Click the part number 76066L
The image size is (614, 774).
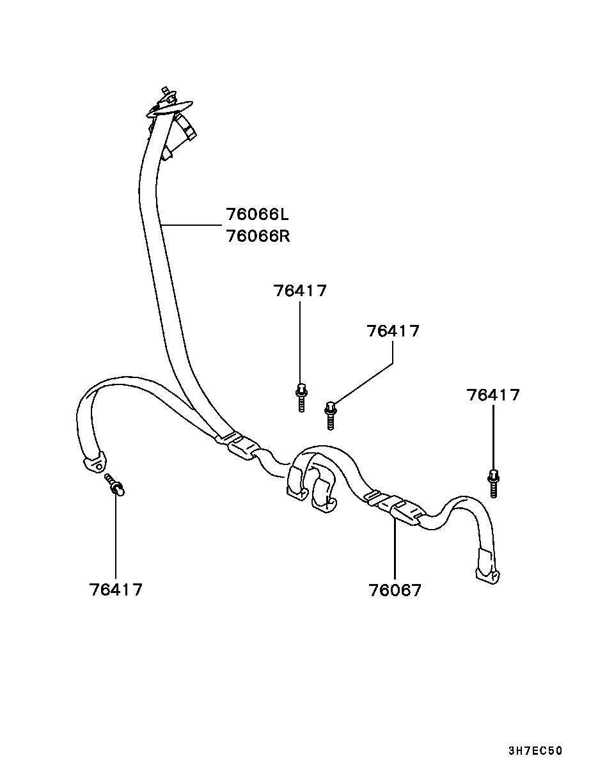(257, 214)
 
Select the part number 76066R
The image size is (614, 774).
(257, 236)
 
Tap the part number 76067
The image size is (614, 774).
(395, 590)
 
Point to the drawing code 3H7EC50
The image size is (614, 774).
(535, 751)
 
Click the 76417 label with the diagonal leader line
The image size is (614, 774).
(393, 331)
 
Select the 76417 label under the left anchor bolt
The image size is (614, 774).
(116, 589)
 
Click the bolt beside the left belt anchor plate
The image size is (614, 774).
(115, 484)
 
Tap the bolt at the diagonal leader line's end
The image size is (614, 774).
(331, 414)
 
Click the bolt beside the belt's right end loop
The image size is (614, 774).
(493, 483)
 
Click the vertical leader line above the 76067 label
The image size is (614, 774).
(395, 550)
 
